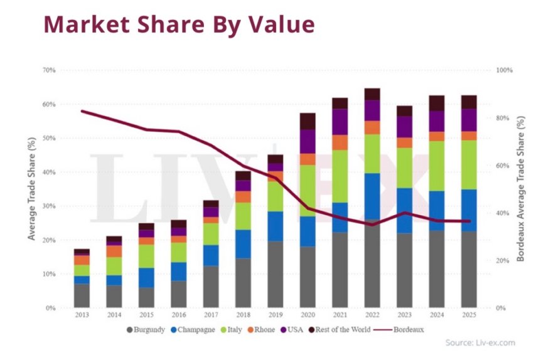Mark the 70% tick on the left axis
coord(50,70)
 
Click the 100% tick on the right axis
coord(504,70)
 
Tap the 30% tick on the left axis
coord(50,206)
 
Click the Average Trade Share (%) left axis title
coord(31,189)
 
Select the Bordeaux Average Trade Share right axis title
coord(520,189)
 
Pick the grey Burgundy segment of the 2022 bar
coord(372,263)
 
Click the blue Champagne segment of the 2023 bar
coord(404,211)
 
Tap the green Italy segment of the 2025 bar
coord(468,164)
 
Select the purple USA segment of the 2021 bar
coord(340,122)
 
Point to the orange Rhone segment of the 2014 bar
coord(114,251)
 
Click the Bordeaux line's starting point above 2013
coord(82,111)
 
